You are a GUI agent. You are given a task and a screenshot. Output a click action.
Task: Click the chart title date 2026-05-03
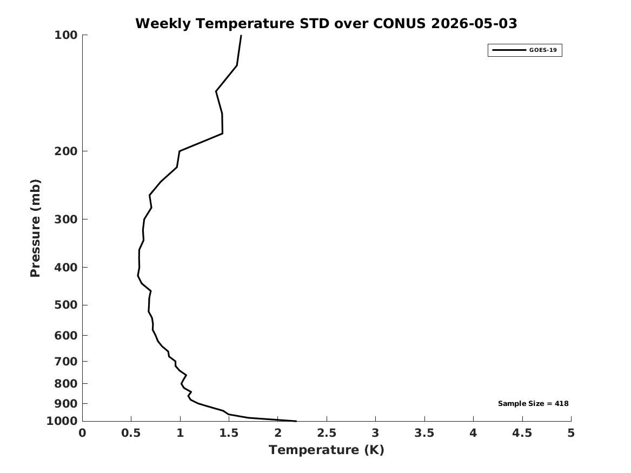pos(474,23)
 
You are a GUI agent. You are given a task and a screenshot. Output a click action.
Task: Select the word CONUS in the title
pos(399,23)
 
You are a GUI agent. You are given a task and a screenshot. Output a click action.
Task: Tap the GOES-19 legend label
pos(543,50)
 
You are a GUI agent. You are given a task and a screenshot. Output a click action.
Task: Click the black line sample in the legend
pos(509,50)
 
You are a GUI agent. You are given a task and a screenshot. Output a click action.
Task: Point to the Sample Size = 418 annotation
pos(533,403)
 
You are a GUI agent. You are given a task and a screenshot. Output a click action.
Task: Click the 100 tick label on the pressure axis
pos(65,35)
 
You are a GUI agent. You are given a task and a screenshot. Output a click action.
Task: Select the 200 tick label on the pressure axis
pos(65,151)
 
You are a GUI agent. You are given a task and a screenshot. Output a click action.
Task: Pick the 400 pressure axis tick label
pos(65,267)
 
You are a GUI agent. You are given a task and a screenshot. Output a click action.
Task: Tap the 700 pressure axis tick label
pos(65,362)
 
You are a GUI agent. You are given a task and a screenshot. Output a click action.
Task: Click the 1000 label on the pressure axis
pos(62,421)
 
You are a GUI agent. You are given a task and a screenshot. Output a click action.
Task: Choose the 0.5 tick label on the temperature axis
pos(131,433)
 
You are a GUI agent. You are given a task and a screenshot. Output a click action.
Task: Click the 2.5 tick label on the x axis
pos(327,433)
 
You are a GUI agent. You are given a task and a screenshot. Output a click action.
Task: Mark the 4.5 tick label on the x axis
pos(522,433)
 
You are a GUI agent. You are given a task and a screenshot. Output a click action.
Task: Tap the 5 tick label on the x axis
pos(571,433)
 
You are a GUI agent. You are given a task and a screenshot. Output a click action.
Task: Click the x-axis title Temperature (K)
pos(327,450)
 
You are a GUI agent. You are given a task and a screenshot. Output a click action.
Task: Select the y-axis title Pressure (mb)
pos(35,228)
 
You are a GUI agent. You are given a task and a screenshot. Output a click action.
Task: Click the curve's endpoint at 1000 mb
pos(296,421)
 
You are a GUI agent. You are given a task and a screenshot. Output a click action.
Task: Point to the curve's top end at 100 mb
pos(241,35)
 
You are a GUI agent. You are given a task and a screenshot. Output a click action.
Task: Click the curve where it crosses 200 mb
pos(180,151)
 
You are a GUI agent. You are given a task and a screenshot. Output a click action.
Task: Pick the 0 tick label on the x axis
pos(82,433)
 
